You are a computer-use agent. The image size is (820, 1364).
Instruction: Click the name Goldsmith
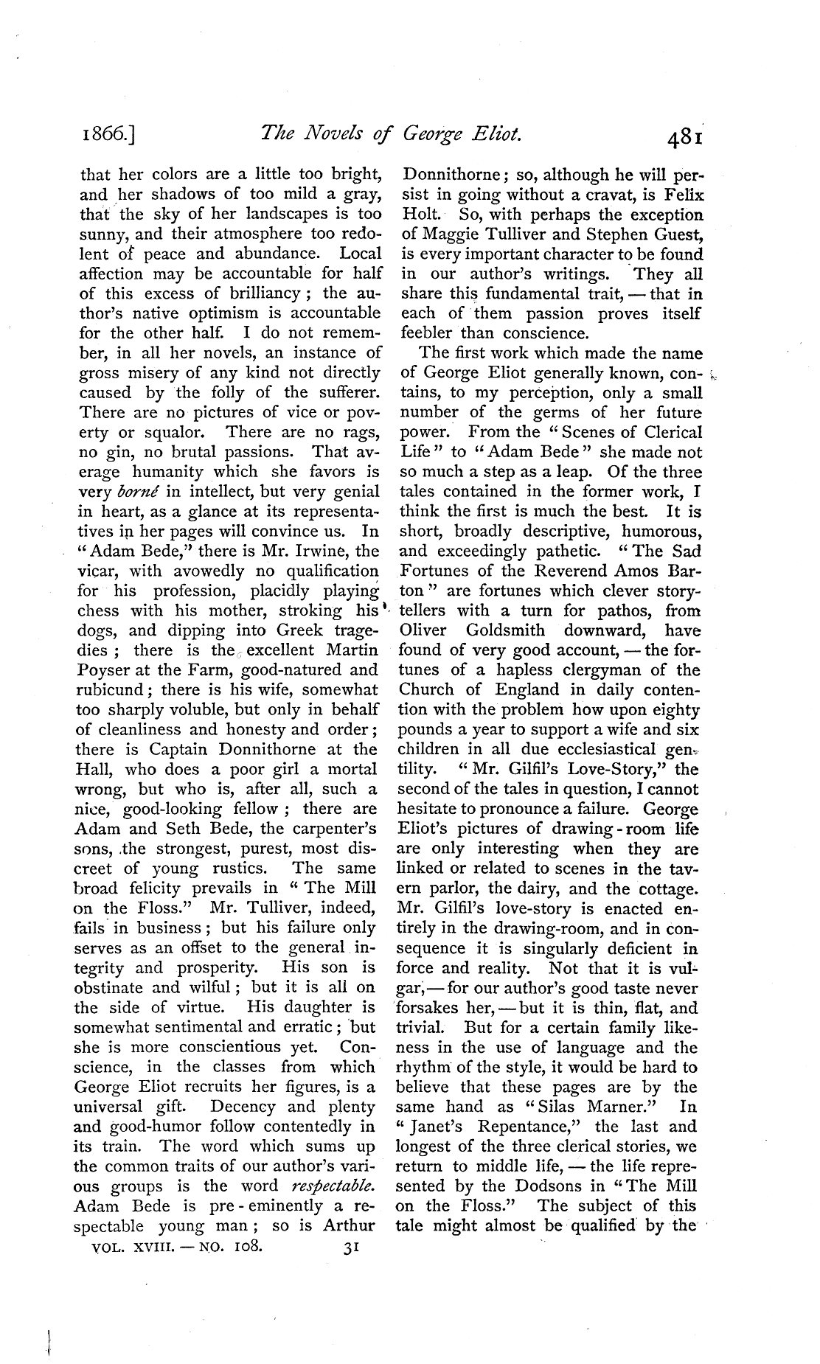(x=505, y=630)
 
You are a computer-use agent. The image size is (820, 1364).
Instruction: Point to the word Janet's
(x=434, y=1126)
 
